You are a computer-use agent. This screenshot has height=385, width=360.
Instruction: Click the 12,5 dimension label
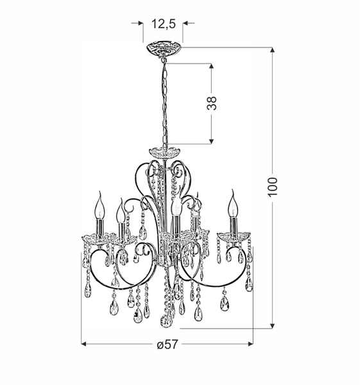tap(163, 24)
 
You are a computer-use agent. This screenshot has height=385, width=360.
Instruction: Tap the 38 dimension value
tap(212, 103)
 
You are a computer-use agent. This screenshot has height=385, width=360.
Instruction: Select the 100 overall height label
tap(274, 186)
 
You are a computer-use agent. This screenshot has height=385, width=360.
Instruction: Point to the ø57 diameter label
tap(167, 345)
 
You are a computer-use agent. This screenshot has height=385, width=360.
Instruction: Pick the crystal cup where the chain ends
tap(164, 153)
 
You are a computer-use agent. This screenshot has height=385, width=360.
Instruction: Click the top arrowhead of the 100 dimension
tap(274, 51)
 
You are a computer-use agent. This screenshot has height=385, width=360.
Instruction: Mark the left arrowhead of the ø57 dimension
tap(85, 344)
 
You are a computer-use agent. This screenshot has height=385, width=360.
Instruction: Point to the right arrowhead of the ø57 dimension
tap(250, 344)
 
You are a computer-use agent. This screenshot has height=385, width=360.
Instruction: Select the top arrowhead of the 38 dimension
tap(212, 67)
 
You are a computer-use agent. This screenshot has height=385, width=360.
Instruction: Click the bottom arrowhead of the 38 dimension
tap(212, 141)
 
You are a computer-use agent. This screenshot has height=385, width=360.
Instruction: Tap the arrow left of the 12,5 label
tap(139, 23)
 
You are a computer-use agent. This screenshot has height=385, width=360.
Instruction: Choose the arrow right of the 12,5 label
tap(187, 23)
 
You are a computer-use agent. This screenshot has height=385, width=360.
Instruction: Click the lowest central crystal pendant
tap(166, 319)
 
